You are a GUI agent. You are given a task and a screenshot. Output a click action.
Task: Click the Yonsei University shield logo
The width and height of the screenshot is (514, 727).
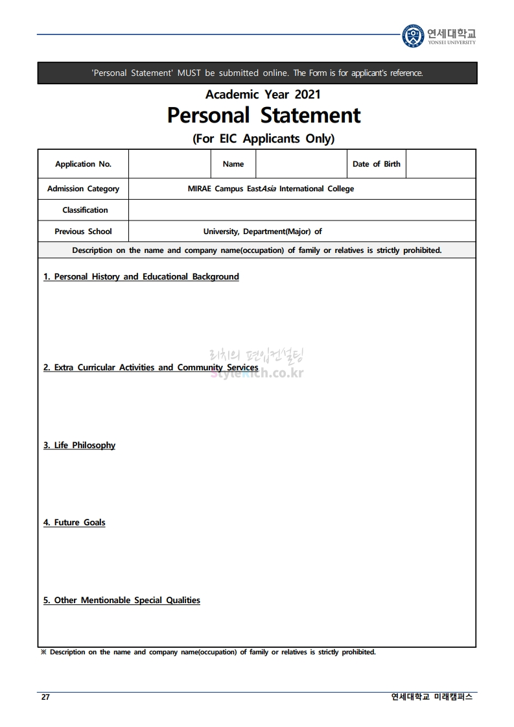pyautogui.click(x=413, y=35)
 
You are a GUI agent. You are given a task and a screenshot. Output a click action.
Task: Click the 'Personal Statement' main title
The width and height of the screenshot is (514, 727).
pyautogui.click(x=264, y=115)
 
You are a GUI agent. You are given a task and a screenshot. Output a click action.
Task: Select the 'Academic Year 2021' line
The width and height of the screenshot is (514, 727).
pyautogui.click(x=263, y=95)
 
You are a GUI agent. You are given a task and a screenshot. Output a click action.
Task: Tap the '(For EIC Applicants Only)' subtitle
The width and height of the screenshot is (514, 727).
pyautogui.click(x=263, y=138)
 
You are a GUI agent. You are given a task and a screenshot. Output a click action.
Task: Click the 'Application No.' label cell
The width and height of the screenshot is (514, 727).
pyautogui.click(x=83, y=164)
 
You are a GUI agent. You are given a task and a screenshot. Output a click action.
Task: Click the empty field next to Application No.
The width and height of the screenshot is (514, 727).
pyautogui.click(x=170, y=164)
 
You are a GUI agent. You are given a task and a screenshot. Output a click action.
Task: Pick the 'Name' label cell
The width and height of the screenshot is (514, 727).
pyautogui.click(x=233, y=164)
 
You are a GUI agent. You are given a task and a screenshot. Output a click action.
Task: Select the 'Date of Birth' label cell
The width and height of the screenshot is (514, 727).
pyautogui.click(x=376, y=164)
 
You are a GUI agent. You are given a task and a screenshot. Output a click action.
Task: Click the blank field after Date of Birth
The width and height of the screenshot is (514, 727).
pyautogui.click(x=441, y=164)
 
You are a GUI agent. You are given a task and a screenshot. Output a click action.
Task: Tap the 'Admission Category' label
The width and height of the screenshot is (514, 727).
pyautogui.click(x=83, y=189)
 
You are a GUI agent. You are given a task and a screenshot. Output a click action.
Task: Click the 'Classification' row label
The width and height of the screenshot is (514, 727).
pyautogui.click(x=85, y=210)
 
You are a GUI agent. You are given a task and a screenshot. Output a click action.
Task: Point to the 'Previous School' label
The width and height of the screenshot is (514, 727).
pyautogui.click(x=83, y=232)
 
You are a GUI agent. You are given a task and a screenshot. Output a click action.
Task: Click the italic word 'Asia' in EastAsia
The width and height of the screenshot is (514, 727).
pyautogui.click(x=268, y=189)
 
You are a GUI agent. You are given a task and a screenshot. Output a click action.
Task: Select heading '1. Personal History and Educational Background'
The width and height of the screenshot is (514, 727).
pyautogui.click(x=141, y=277)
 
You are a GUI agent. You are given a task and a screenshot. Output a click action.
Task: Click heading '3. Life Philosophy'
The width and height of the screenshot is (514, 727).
pyautogui.click(x=80, y=446)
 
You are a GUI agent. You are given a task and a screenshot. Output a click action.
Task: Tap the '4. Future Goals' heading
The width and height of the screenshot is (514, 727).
pyautogui.click(x=75, y=523)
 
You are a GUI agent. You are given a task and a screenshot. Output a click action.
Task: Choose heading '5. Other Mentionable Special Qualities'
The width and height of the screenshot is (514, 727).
pyautogui.click(x=122, y=601)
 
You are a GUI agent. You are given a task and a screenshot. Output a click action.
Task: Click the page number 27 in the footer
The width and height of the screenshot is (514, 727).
pyautogui.click(x=45, y=697)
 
